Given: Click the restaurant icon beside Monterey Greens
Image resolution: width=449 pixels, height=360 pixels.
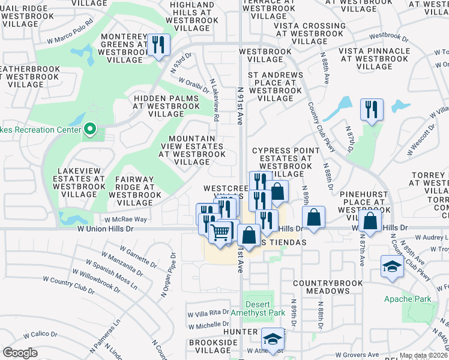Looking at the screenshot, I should pos(158,46).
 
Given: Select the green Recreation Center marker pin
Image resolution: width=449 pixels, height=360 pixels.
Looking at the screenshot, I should pos(90,128).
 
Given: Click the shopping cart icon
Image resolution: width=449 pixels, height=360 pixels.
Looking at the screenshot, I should pos(221,232).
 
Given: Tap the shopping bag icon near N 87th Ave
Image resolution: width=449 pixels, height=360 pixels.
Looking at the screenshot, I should pos(372,221).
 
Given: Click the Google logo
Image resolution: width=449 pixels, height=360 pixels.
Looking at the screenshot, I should pos(20,353).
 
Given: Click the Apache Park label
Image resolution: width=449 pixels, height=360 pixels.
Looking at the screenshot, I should pos(407,299).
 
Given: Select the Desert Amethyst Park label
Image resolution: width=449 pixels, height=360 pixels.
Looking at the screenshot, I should pos(258,308).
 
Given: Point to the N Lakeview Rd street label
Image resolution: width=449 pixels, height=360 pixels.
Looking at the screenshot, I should pos(214,100).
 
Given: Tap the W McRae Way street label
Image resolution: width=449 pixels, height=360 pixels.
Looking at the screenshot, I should pos(124,220).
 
